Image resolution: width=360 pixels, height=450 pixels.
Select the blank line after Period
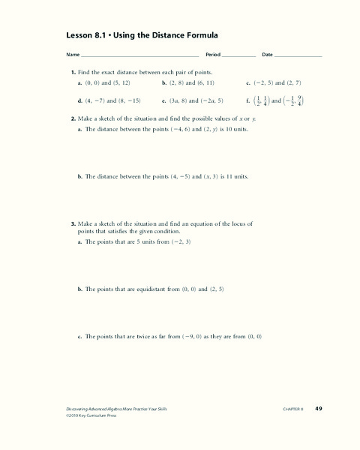(239, 55)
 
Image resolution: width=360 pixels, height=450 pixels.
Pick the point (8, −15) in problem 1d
(127, 100)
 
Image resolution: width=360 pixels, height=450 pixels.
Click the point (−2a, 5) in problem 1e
(217, 100)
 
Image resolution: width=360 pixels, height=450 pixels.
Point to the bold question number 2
(73, 118)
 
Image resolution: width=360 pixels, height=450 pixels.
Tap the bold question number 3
(73, 223)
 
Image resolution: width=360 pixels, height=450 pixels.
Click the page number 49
(318, 408)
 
